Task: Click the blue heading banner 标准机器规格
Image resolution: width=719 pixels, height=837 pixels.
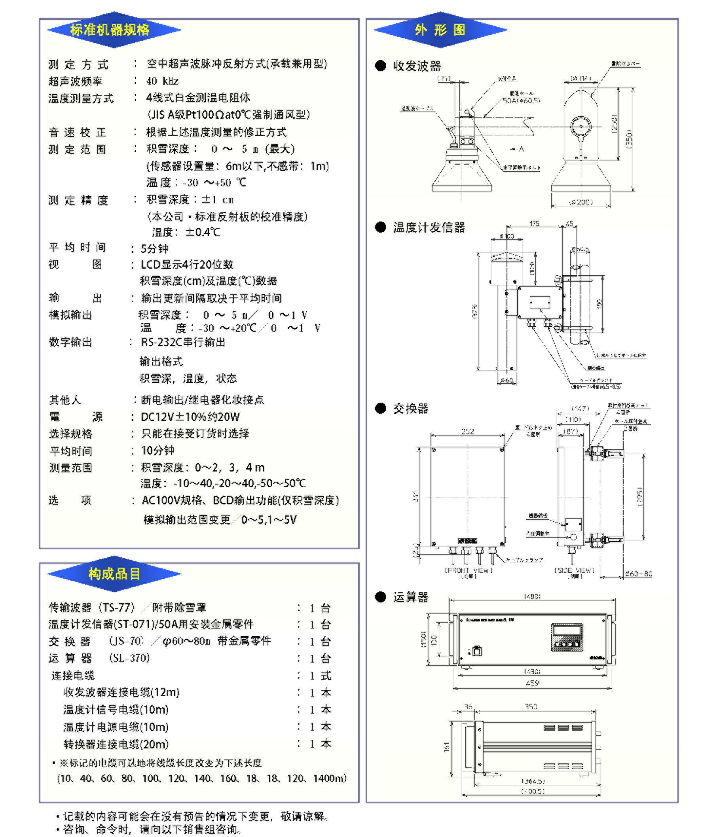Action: pyautogui.click(x=110, y=30)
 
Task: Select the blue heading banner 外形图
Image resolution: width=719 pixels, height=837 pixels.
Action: pyautogui.click(x=440, y=30)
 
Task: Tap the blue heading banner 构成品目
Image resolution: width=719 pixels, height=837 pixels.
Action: pyautogui.click(x=114, y=574)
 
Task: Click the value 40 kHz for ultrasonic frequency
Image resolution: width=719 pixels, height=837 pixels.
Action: pyautogui.click(x=163, y=81)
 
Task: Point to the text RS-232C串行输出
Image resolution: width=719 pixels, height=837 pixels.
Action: pyautogui.click(x=183, y=342)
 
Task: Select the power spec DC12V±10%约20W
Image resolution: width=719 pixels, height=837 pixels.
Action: pyautogui.click(x=190, y=417)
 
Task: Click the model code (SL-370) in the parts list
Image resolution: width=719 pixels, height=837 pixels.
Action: pyautogui.click(x=129, y=658)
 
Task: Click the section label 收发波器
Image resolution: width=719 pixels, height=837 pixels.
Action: pyautogui.click(x=417, y=66)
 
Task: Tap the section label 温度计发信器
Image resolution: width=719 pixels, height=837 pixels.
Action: pyautogui.click(x=429, y=227)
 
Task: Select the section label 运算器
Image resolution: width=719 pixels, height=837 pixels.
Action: pyautogui.click(x=411, y=597)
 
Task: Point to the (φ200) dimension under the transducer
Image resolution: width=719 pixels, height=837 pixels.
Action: pyautogui.click(x=581, y=202)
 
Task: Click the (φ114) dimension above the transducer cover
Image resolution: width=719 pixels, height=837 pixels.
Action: pyautogui.click(x=581, y=78)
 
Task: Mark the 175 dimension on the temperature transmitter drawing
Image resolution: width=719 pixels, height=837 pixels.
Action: pyautogui.click(x=534, y=223)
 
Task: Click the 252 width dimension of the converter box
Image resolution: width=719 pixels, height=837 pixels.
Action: pyautogui.click(x=467, y=432)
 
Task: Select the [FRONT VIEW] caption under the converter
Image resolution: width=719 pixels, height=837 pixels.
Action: pyautogui.click(x=469, y=570)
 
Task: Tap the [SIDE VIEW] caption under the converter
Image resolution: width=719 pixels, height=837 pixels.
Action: pyautogui.click(x=574, y=570)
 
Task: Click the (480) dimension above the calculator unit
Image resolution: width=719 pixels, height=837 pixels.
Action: pyautogui.click(x=532, y=597)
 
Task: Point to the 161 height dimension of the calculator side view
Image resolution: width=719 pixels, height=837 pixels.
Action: pyautogui.click(x=447, y=747)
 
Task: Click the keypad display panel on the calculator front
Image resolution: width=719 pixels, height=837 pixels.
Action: pyautogui.click(x=567, y=637)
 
